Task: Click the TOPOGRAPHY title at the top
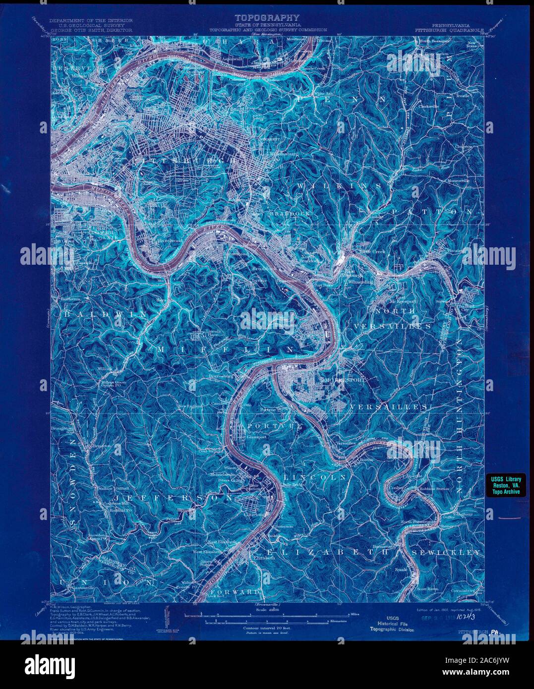[x=267, y=17]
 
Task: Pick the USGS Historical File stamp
[x=392, y=623]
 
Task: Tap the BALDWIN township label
[x=105, y=314]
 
